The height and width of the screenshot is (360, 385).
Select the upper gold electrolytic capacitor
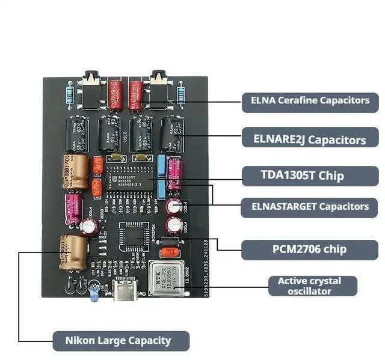(75, 172)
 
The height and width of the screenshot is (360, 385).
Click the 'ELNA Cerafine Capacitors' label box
(310, 100)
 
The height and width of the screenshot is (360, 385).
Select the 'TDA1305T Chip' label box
(310, 175)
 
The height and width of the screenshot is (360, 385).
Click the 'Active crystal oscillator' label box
(309, 286)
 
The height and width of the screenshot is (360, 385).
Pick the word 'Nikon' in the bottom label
(82, 341)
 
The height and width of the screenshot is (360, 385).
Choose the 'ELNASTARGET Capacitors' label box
(310, 206)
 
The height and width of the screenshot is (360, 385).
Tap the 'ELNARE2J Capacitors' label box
(310, 139)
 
